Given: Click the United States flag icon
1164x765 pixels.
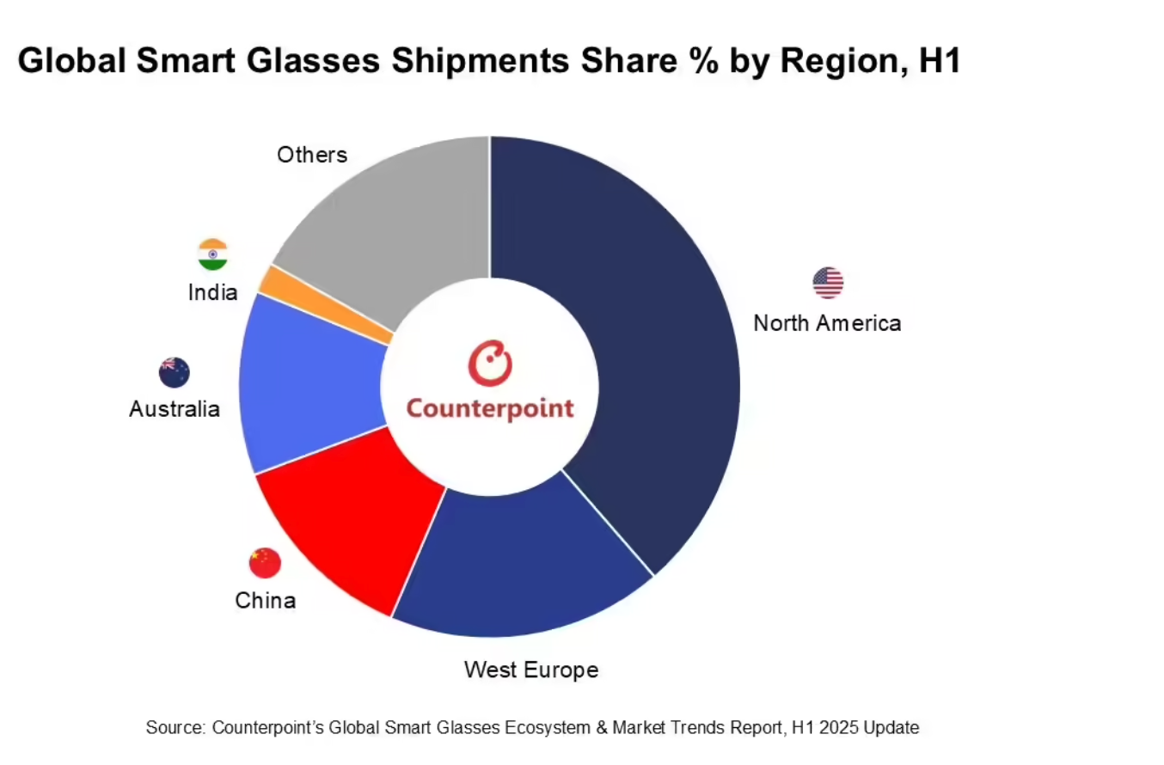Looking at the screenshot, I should pyautogui.click(x=828, y=283).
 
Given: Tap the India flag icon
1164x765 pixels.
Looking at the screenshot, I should pyautogui.click(x=212, y=254).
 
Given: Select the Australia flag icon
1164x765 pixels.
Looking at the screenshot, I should pyautogui.click(x=175, y=372).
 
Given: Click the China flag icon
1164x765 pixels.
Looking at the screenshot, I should pyautogui.click(x=265, y=562).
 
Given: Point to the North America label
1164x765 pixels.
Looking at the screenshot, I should pyautogui.click(x=827, y=323).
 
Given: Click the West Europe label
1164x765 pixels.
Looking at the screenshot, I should pyautogui.click(x=531, y=670).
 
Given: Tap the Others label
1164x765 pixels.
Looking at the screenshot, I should pyautogui.click(x=312, y=155).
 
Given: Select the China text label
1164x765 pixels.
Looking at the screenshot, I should pyautogui.click(x=266, y=600).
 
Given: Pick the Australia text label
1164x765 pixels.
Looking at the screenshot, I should pyautogui.click(x=175, y=409).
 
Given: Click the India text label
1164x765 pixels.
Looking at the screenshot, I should pyautogui.click(x=212, y=292).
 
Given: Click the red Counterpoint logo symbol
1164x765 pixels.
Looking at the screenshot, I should pyautogui.click(x=490, y=363).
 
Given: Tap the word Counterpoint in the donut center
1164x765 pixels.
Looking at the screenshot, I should pyautogui.click(x=490, y=408).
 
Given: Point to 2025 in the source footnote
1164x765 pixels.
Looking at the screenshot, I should pyautogui.click(x=839, y=728).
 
